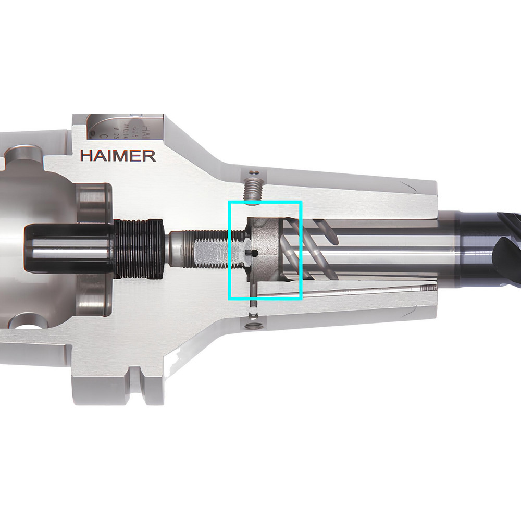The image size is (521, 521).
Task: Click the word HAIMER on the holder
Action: pos(118,155)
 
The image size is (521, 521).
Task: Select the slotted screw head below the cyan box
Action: pos(254,327)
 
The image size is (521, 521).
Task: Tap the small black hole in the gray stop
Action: pos(254,253)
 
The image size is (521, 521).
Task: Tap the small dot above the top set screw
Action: pos(253,171)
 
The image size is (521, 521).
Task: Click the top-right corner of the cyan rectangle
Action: pos(302,202)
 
